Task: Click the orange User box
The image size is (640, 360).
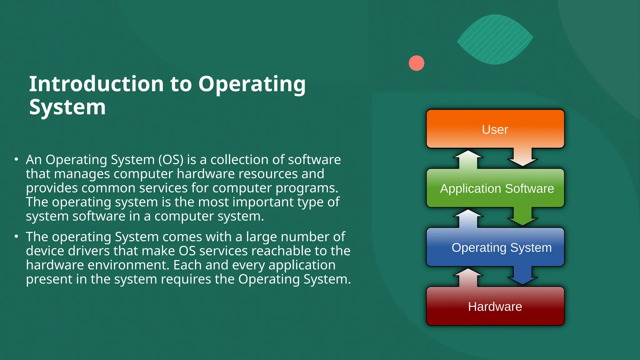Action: pos(495,129)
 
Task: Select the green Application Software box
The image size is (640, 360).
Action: pos(495,188)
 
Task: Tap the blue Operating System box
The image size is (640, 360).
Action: pos(495,247)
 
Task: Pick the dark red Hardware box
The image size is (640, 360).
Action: pos(495,306)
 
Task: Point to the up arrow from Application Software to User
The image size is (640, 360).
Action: pos(468,159)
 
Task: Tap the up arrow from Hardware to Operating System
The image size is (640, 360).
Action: pos(468,277)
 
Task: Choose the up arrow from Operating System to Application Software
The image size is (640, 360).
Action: pos(468,218)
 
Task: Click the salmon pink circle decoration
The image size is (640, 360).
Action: pos(416,63)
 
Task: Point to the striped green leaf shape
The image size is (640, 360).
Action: pos(495,39)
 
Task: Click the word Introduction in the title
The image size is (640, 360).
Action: pos(97,84)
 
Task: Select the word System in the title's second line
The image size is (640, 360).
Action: pos(67,107)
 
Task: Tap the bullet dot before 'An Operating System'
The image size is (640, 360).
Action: pos(16,159)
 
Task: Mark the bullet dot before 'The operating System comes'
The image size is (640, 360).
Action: pos(16,237)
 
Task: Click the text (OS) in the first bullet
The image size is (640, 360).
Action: pos(171,160)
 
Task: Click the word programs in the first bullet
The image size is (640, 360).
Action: pos(307,188)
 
